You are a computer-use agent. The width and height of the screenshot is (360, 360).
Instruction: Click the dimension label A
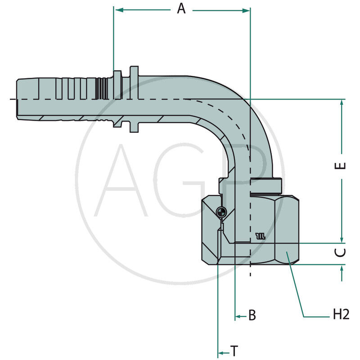(181, 9)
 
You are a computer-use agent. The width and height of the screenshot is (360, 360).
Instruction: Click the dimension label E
(342, 165)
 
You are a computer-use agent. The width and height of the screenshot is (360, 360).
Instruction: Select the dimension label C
(342, 252)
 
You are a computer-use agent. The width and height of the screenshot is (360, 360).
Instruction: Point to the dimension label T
(234, 350)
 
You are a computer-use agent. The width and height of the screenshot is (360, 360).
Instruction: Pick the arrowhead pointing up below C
(342, 269)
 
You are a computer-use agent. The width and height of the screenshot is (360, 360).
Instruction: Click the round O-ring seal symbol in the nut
(220, 211)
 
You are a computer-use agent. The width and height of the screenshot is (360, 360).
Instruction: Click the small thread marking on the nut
(261, 235)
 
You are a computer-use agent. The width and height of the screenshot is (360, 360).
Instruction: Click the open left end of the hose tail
(18, 99)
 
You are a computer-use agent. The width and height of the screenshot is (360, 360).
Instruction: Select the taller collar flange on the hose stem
(134, 99)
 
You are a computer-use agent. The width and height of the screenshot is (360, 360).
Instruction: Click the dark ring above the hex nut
(265, 185)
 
